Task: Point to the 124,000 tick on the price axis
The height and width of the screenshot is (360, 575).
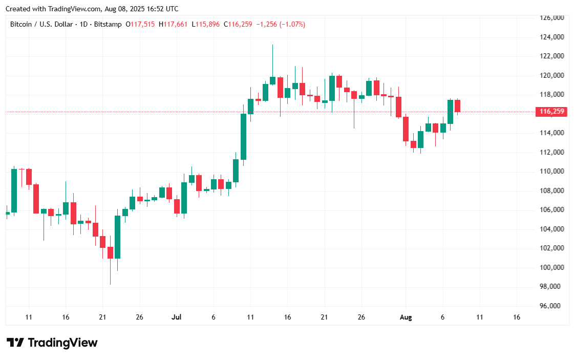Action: tap(552, 37)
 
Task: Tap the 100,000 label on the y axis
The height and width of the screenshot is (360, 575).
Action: tap(552, 267)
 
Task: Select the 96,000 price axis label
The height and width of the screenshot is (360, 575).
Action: tap(552, 306)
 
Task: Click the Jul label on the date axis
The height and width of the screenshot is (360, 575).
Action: tap(176, 317)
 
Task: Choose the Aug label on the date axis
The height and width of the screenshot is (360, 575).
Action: tap(406, 317)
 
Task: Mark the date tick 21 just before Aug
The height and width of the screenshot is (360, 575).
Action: tap(324, 317)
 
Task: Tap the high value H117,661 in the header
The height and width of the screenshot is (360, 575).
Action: tap(174, 24)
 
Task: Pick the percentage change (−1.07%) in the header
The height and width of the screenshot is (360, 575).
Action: tap(291, 24)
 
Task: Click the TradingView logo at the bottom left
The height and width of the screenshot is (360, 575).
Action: tap(52, 343)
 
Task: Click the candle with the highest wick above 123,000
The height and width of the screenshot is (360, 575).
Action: tap(272, 80)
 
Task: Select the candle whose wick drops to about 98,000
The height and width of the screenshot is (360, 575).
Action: tap(110, 252)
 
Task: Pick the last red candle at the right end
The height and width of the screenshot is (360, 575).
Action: tap(457, 105)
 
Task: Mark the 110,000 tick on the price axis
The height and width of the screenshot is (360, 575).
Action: tap(552, 171)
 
